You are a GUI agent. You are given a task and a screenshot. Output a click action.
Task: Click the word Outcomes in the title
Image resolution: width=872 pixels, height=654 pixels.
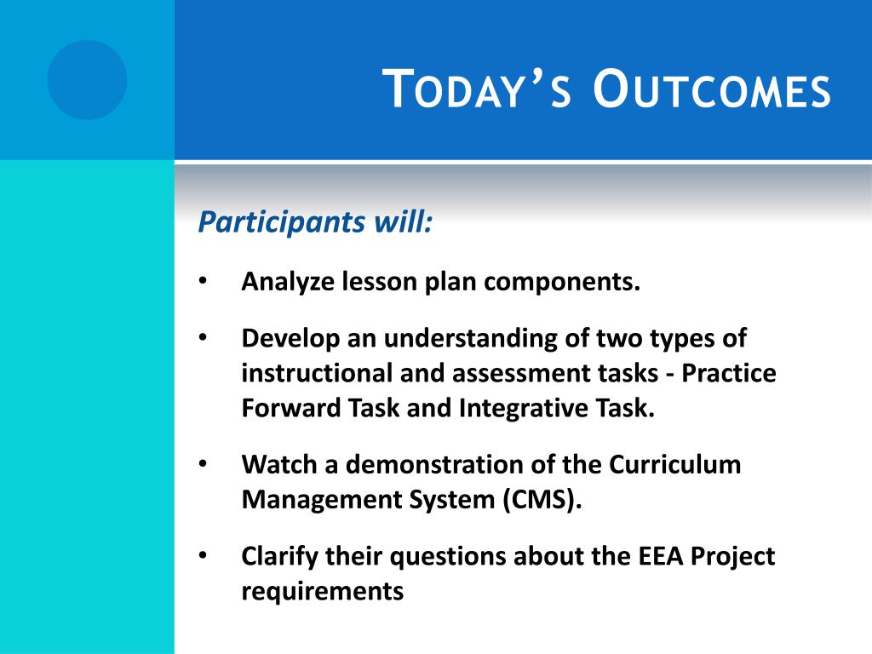pyautogui.click(x=711, y=89)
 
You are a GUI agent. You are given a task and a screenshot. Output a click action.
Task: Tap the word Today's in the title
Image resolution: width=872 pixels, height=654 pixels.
pyautogui.click(x=478, y=89)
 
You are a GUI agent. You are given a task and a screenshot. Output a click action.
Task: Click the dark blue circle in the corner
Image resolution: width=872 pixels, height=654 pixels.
pyautogui.click(x=88, y=80)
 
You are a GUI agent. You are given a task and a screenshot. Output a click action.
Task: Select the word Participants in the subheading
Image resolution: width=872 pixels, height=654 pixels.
pyautogui.click(x=282, y=222)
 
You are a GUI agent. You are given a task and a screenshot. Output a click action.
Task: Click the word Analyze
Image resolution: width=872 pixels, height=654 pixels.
pyautogui.click(x=288, y=282)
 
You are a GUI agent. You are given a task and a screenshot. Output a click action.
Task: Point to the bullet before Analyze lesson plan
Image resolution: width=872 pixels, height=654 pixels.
pyautogui.click(x=203, y=280)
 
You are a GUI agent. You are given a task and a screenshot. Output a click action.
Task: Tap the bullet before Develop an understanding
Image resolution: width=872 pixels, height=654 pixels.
pyautogui.click(x=203, y=337)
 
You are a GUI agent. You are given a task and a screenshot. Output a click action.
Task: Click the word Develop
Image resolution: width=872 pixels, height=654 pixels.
pyautogui.click(x=290, y=339)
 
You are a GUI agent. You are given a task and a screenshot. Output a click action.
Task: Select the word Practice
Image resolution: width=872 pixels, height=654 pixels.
pyautogui.click(x=729, y=373)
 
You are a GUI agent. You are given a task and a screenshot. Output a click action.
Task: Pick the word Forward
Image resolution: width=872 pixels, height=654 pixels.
pyautogui.click(x=293, y=408)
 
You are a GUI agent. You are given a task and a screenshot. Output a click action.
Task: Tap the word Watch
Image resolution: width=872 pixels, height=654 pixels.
pyautogui.click(x=279, y=464)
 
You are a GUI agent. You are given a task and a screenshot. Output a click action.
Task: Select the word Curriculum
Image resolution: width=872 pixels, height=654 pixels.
pyautogui.click(x=675, y=464)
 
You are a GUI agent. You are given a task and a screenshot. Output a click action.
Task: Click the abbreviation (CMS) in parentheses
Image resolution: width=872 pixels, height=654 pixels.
pyautogui.click(x=542, y=499)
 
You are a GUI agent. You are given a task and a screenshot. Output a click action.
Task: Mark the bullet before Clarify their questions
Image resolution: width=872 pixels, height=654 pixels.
pyautogui.click(x=203, y=555)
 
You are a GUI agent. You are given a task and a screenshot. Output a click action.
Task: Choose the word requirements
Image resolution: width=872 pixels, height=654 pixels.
pyautogui.click(x=323, y=592)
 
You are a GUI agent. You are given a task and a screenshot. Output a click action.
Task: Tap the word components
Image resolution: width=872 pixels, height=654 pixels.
pyautogui.click(x=562, y=282)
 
